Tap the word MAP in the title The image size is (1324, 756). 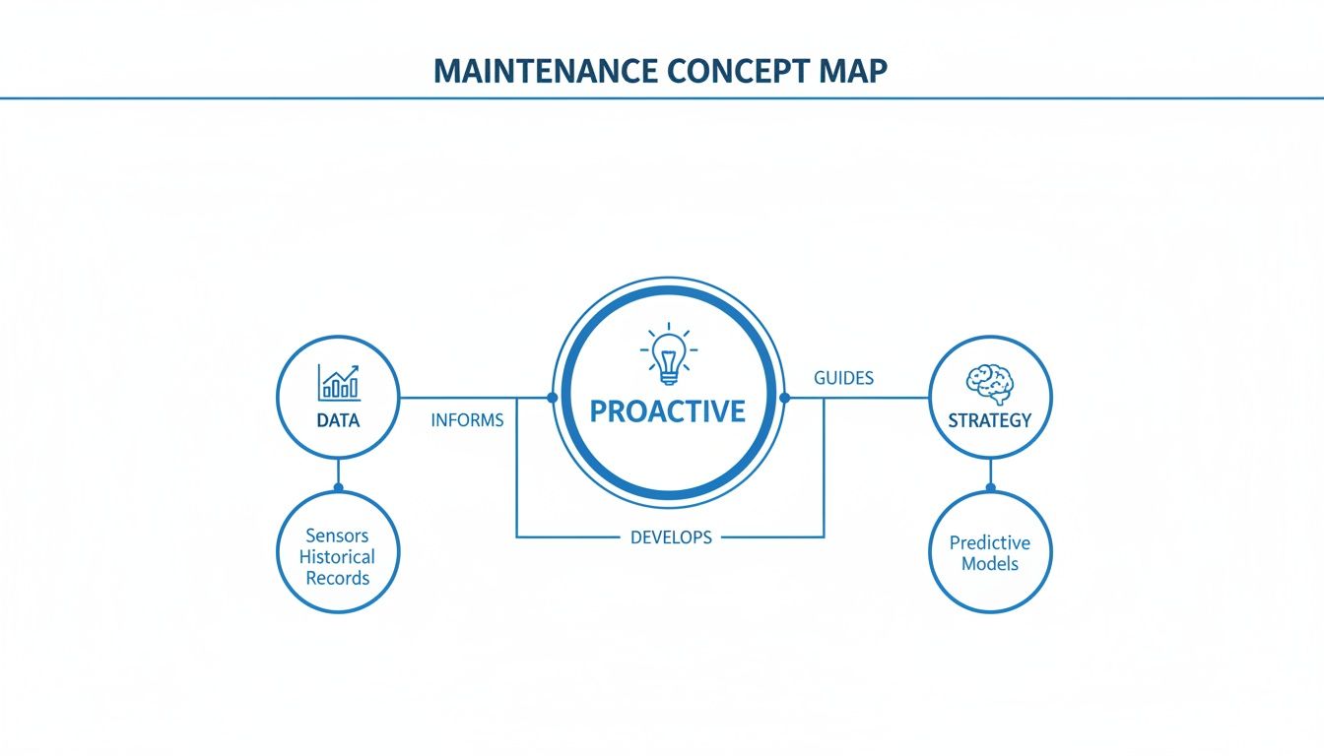point(853,73)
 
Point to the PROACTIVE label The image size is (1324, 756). point(668,410)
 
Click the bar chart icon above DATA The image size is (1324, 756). point(338,382)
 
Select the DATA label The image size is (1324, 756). point(338,420)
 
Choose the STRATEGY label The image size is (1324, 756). point(990,420)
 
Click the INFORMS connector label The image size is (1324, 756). point(467,420)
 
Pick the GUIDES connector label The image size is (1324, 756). point(844,378)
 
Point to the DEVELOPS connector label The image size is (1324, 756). point(671,537)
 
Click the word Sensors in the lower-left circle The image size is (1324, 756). point(337,535)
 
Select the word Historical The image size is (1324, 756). point(337,557)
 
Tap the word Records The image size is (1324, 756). point(337,578)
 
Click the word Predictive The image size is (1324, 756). point(990,542)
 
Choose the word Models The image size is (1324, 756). point(990,564)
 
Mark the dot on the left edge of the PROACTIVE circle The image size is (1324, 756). point(552,398)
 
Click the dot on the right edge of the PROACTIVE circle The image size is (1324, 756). point(785,398)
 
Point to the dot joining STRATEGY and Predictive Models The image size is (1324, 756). point(991,487)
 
